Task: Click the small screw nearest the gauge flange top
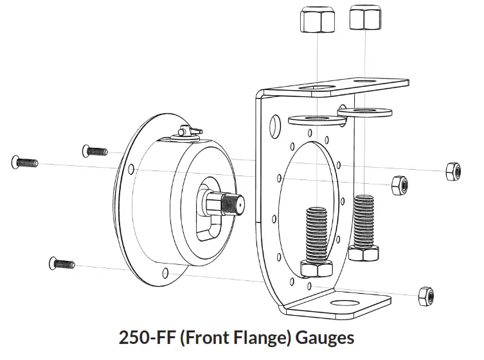[x=94, y=151]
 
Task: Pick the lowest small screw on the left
[x=62, y=263]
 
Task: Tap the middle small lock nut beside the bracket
[x=399, y=184]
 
